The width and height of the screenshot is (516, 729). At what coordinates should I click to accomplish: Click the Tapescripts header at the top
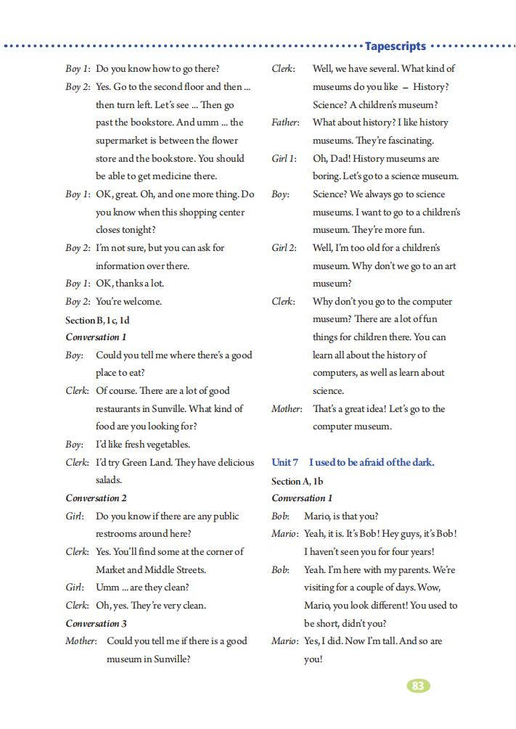click(x=395, y=46)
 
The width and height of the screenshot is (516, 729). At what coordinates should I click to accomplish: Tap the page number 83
click(x=417, y=685)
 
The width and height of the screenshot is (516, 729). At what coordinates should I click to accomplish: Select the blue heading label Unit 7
click(x=284, y=462)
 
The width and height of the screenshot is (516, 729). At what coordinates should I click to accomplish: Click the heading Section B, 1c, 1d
click(x=97, y=319)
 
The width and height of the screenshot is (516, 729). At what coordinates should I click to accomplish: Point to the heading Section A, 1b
click(x=297, y=480)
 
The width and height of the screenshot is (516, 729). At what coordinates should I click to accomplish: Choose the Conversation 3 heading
click(x=96, y=623)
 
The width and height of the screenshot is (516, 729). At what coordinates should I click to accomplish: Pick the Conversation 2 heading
click(x=96, y=498)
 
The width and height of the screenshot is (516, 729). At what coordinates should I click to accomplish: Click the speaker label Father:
click(x=286, y=123)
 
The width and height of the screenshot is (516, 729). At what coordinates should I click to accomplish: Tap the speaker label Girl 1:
click(x=284, y=158)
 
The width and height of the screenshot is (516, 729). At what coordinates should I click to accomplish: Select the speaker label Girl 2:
click(x=284, y=247)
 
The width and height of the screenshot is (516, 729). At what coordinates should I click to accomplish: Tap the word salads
click(x=109, y=480)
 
